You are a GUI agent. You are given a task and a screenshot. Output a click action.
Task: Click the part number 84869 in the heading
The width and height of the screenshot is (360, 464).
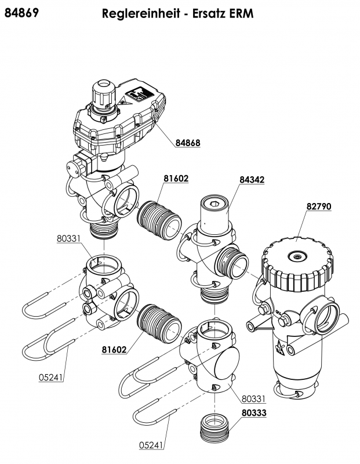click(21, 13)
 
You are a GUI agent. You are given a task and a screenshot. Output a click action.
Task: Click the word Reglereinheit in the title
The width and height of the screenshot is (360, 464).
click(141, 14)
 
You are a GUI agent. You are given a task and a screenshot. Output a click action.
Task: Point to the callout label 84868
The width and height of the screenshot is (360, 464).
click(188, 143)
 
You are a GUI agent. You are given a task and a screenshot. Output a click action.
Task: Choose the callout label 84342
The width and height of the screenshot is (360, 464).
click(252, 180)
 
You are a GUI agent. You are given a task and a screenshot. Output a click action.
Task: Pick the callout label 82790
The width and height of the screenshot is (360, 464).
click(319, 206)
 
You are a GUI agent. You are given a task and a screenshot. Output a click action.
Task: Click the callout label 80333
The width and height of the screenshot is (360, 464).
click(254, 412)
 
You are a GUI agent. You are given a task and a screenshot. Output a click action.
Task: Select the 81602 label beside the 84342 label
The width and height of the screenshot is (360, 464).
click(176, 179)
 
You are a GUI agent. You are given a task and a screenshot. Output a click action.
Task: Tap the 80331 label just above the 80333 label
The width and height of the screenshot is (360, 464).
click(253, 398)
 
